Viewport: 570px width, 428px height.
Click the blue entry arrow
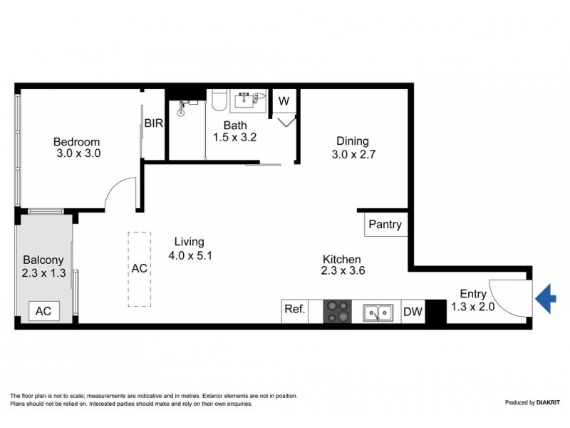coord(545,297)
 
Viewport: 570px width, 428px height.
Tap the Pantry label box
coord(385,225)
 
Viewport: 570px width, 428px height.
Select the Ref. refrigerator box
coord(295,310)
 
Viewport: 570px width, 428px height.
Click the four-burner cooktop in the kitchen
coord(337,311)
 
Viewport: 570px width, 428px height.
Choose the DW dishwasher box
coord(413,311)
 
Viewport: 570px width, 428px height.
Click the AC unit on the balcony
coord(44,310)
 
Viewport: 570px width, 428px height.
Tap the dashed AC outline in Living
coord(140,269)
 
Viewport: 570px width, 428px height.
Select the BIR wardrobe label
coord(155,123)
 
